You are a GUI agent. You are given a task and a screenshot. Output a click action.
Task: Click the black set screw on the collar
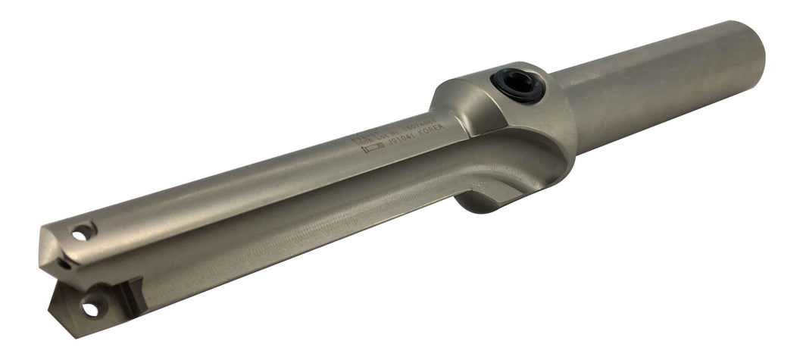[518, 85]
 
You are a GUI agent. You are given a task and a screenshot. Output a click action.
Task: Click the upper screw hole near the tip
[83, 232]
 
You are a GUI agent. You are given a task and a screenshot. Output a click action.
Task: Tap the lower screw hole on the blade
[90, 309]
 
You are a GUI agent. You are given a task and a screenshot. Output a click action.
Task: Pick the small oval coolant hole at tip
[67, 265]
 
